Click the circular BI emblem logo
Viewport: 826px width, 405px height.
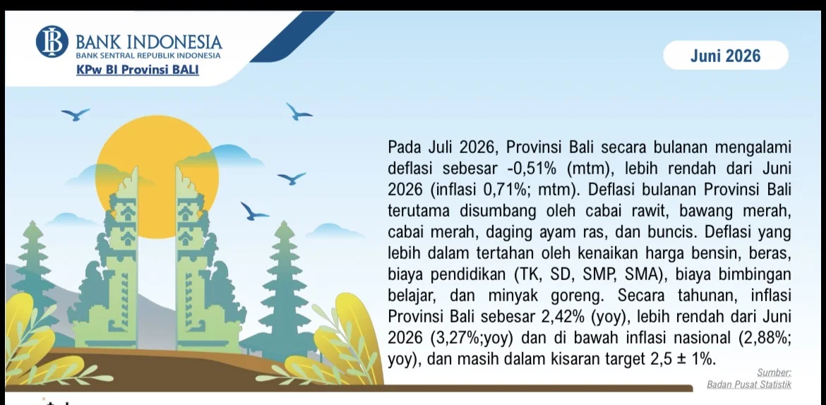pos(52,42)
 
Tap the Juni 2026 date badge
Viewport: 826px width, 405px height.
pos(725,55)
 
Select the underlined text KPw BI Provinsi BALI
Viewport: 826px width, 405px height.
pos(138,69)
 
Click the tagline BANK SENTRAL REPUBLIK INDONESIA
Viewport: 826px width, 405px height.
pos(148,55)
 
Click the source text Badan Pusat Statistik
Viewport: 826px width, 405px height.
pos(748,385)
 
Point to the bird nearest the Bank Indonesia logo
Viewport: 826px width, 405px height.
pos(75,114)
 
